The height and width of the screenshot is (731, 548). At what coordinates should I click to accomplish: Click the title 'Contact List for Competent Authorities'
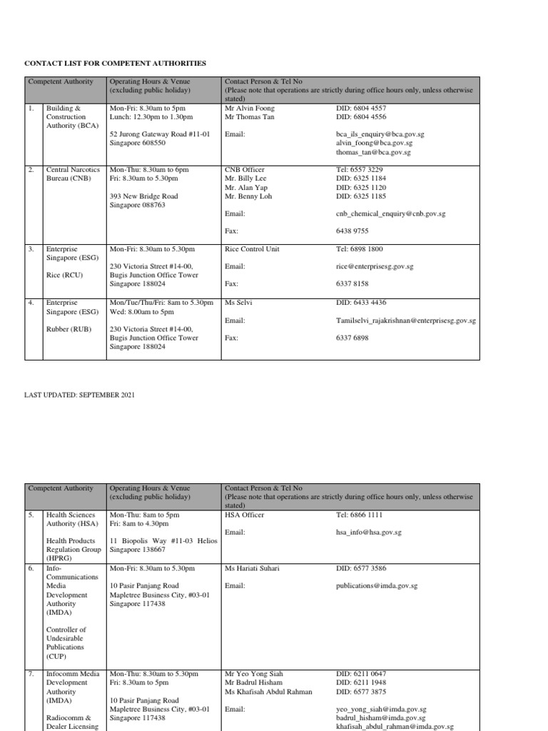tap(116, 64)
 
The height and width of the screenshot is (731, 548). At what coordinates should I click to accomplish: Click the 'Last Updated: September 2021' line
tap(80, 394)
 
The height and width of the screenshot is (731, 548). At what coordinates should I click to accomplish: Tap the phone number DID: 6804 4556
tap(361, 117)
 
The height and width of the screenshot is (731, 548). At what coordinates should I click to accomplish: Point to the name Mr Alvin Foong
tap(249, 109)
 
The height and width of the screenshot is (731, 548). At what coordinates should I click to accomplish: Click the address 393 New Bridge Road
tap(143, 196)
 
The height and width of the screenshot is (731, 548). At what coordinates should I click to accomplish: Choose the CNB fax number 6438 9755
tap(352, 231)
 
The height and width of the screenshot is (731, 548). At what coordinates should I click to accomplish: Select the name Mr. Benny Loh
tap(248, 196)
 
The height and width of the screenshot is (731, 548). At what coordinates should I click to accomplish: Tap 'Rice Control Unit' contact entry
tap(252, 249)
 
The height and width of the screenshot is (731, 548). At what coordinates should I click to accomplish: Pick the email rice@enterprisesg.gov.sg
tap(375, 266)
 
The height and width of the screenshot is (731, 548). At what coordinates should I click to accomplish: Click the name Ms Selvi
tap(238, 303)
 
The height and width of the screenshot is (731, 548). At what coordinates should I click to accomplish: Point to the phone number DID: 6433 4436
tap(361, 303)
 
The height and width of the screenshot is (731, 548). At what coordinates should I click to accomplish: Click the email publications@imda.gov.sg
tap(377, 586)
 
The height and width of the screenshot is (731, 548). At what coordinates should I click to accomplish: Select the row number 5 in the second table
tap(31, 515)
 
